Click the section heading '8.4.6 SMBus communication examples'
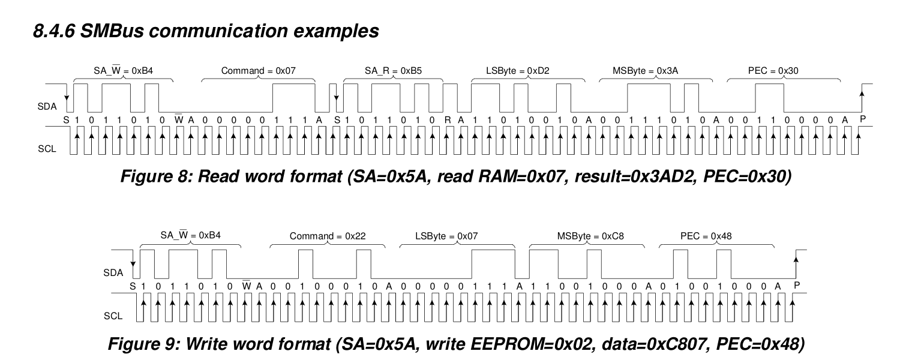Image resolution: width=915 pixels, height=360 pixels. click(206, 31)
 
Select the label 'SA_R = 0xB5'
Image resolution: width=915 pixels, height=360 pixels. click(393, 71)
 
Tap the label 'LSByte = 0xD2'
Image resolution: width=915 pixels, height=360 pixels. click(518, 71)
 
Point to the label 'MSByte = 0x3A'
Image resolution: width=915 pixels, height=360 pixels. click(645, 71)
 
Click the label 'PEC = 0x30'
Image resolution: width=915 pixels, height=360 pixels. click(773, 71)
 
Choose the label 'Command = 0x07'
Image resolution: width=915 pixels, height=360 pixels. click(258, 71)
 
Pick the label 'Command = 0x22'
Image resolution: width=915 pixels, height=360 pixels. click(328, 236)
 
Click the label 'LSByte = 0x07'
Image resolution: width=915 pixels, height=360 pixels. click(446, 236)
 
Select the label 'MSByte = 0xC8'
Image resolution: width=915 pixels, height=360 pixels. click(590, 236)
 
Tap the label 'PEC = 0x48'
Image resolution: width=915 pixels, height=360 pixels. click(706, 236)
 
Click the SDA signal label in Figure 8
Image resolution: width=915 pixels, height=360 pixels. click(47, 107)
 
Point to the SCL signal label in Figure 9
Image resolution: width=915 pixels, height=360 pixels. click(113, 316)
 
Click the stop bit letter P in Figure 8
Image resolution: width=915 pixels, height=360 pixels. click(863, 119)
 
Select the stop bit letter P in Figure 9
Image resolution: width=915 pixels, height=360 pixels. click(797, 285)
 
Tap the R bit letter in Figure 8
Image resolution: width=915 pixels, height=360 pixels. click(448, 120)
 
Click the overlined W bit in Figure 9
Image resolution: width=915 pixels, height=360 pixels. click(247, 286)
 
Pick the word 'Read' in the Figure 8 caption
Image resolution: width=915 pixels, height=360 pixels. click(218, 176)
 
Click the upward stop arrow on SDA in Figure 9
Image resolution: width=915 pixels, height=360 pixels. click(796, 267)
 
